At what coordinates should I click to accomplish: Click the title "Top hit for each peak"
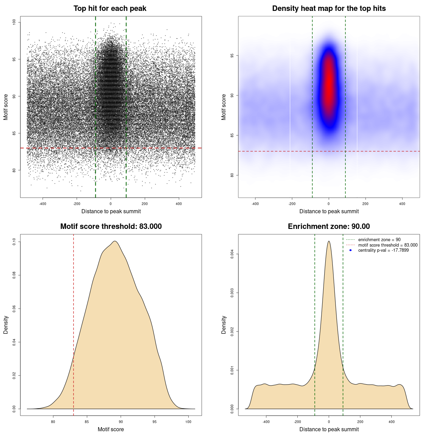[x=110, y=9]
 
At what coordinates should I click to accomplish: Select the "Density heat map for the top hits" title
[x=329, y=9]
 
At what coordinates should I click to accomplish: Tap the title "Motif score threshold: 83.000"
[x=111, y=227]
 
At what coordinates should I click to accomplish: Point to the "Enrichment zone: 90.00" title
[x=329, y=227]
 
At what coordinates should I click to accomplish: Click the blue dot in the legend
[x=351, y=250]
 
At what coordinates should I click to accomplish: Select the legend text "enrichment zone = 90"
[x=379, y=240]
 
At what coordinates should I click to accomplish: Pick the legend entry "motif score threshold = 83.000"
[x=388, y=245]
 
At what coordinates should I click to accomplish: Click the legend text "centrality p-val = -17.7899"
[x=383, y=250]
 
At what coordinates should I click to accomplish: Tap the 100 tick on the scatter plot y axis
[x=14, y=22]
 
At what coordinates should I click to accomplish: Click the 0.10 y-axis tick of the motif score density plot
[x=14, y=242]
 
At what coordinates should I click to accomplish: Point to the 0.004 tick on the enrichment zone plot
[x=232, y=254]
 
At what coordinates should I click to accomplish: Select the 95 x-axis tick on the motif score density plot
[x=155, y=422]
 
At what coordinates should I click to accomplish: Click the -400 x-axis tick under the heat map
[x=255, y=204]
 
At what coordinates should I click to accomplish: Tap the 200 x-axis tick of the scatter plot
[x=145, y=204]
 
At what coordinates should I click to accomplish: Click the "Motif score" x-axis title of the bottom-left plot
[x=111, y=429]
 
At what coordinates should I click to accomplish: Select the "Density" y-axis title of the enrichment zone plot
[x=224, y=325]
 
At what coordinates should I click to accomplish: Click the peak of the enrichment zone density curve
[x=329, y=241]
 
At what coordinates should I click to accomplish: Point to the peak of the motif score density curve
[x=115, y=241]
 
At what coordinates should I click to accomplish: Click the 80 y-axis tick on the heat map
[x=232, y=175]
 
